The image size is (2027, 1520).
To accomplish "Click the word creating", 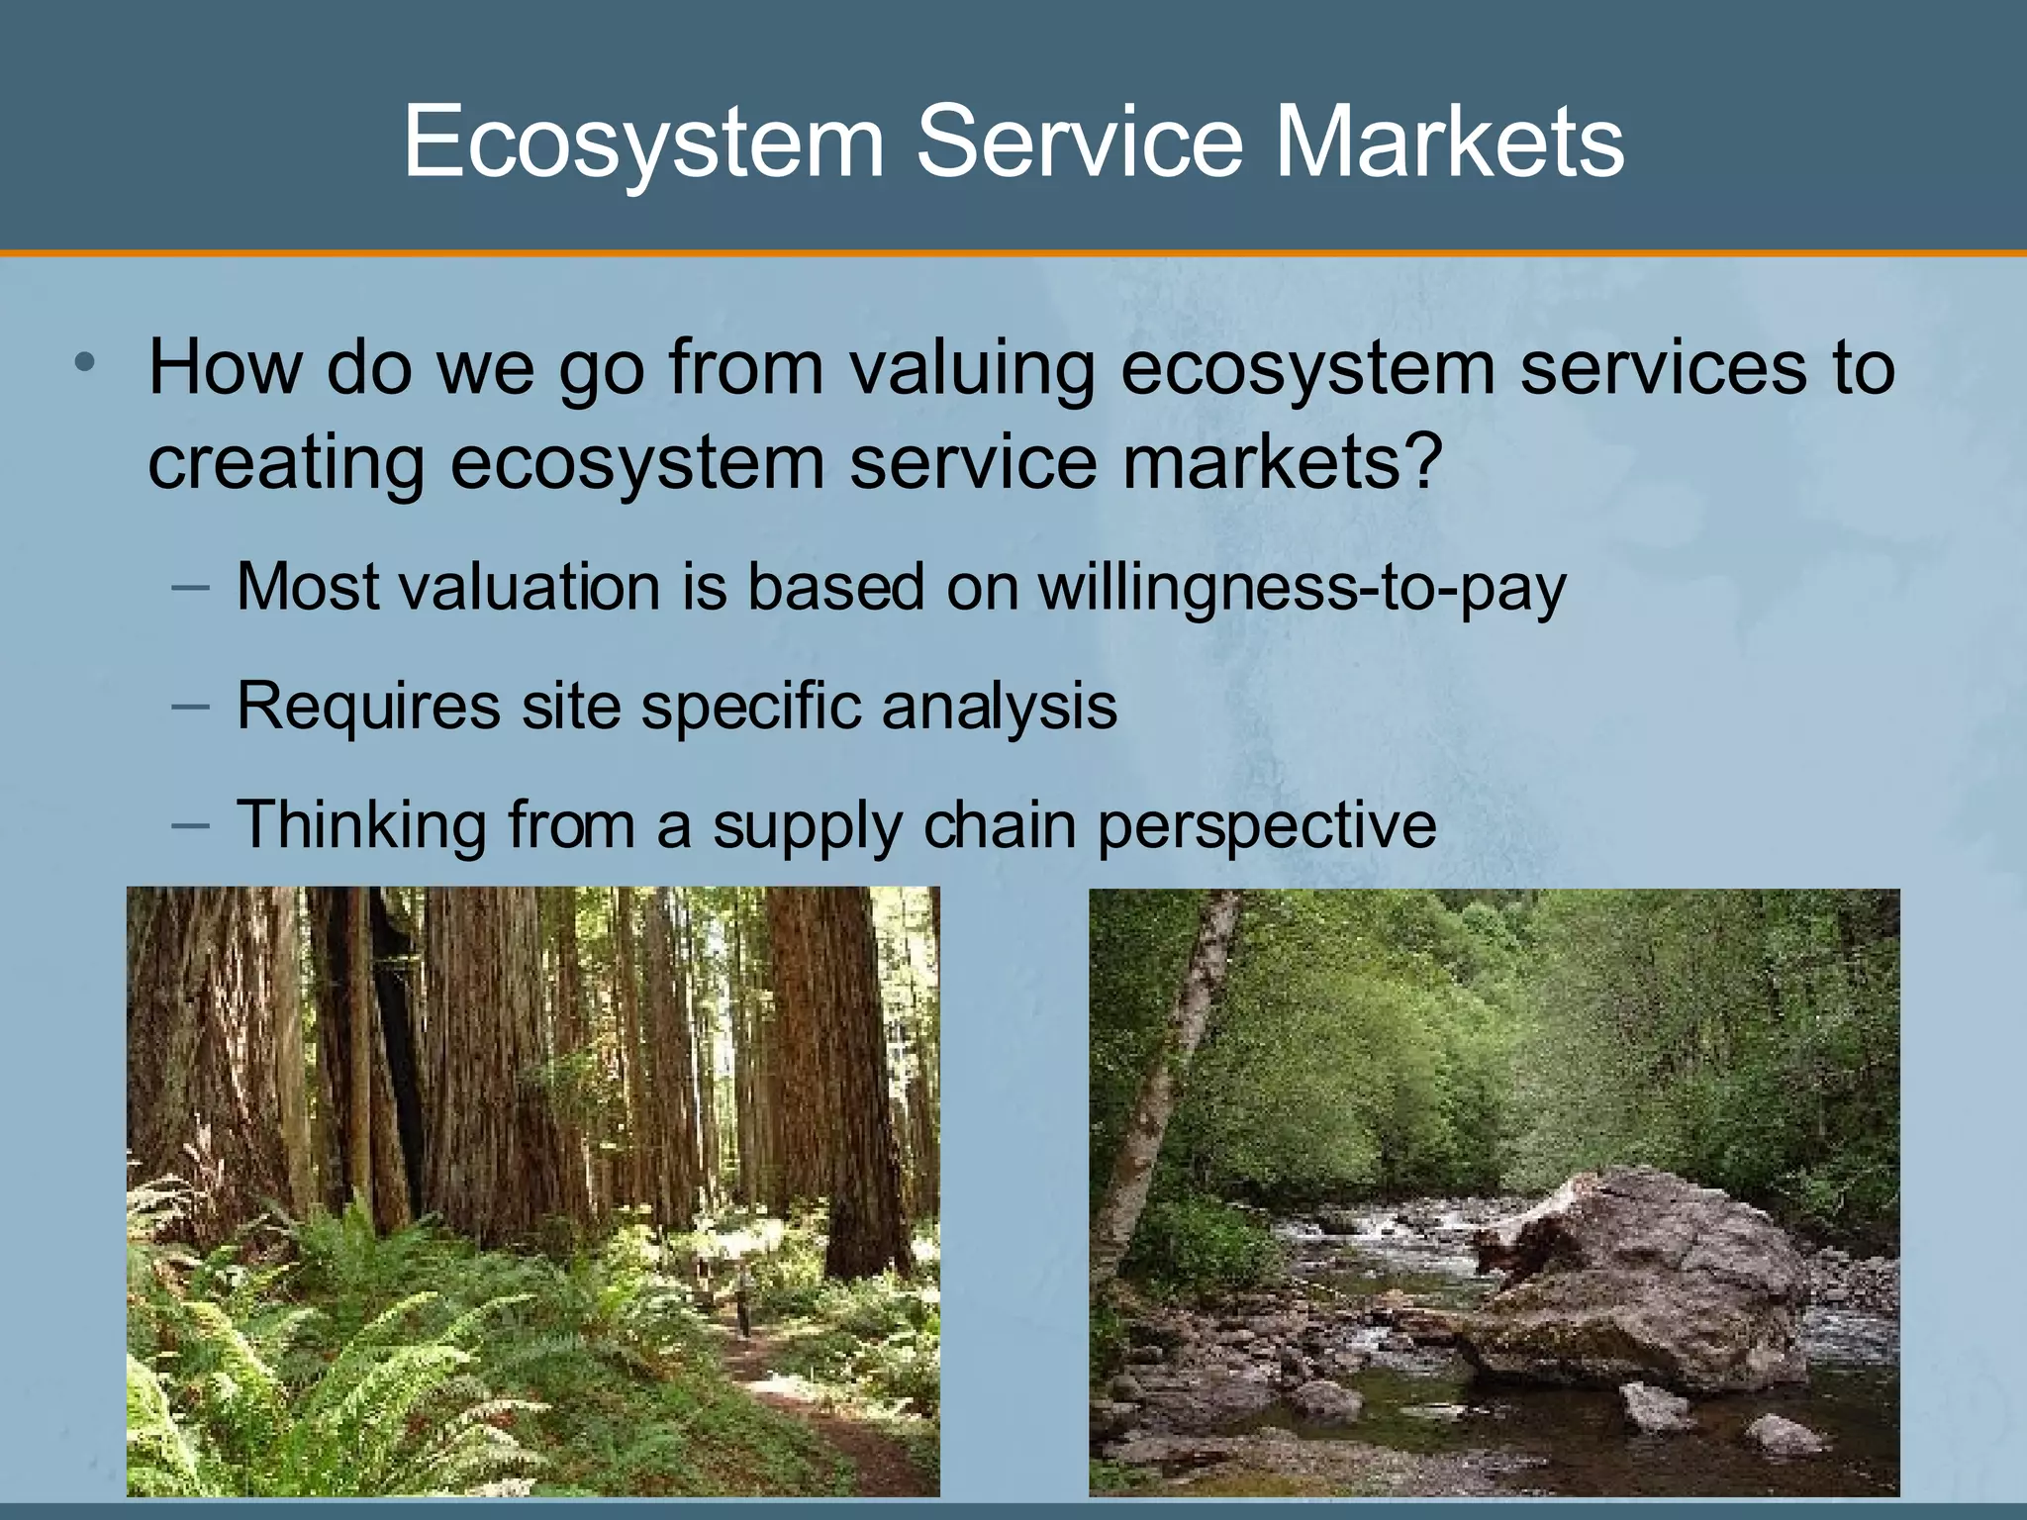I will pyautogui.click(x=286, y=463).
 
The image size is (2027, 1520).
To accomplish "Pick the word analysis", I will pyautogui.click(x=999, y=708).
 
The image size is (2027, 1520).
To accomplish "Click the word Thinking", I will pyautogui.click(x=361, y=824).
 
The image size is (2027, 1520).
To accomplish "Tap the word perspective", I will pyautogui.click(x=1266, y=826).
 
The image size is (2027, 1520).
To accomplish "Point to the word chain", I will pyautogui.click(x=999, y=824).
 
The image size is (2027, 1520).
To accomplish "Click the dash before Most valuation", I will pyautogui.click(x=190, y=587).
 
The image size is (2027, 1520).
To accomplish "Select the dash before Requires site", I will pyautogui.click(x=190, y=706).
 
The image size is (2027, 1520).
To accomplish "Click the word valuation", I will pyautogui.click(x=530, y=588).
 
